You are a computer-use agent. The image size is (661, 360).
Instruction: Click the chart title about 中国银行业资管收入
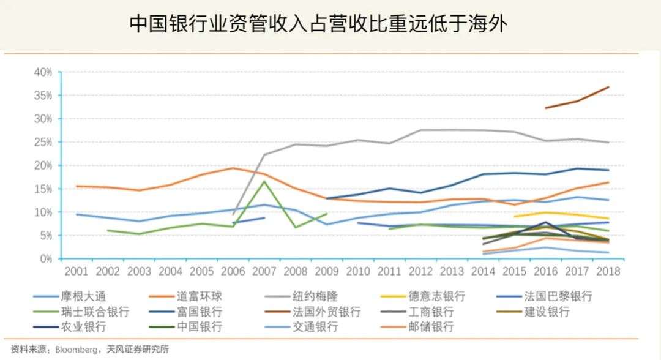pyautogui.click(x=319, y=24)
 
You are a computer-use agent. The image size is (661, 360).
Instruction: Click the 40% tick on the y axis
pyautogui.click(x=43, y=72)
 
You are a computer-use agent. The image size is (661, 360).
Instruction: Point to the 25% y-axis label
pyautogui.click(x=43, y=143)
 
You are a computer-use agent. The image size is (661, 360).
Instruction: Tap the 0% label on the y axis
pyautogui.click(x=46, y=259)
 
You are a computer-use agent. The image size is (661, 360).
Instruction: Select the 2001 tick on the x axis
pyautogui.click(x=76, y=271)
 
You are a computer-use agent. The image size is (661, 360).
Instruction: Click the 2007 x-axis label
pyautogui.click(x=264, y=271)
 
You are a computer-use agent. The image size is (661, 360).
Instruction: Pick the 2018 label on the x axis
pyautogui.click(x=608, y=271)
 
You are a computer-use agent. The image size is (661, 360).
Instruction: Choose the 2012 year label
pyautogui.click(x=420, y=271)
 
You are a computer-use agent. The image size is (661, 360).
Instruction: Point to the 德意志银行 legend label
pyautogui.click(x=437, y=297)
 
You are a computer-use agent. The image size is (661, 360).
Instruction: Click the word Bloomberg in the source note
pyautogui.click(x=76, y=350)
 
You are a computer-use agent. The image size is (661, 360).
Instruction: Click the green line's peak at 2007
pyautogui.click(x=264, y=181)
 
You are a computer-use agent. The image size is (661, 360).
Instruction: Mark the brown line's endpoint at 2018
pyautogui.click(x=608, y=87)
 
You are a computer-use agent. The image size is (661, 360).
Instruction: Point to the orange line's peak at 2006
pyautogui.click(x=233, y=168)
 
